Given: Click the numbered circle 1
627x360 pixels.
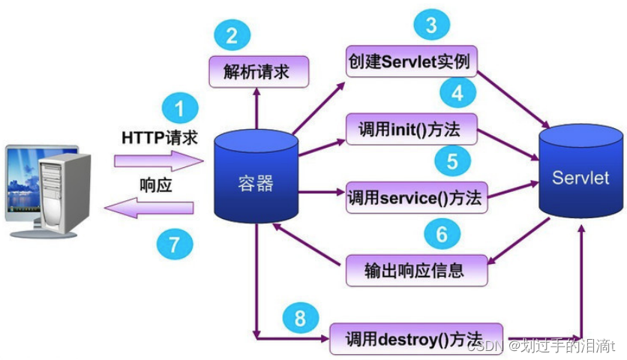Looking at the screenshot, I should click(x=178, y=109).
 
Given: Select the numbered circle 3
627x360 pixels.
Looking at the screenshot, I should click(x=430, y=25).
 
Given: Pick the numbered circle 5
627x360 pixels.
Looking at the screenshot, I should click(x=452, y=159).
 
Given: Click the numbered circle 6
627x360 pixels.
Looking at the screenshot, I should click(x=442, y=234).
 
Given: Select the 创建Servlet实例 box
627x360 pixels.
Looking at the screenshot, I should click(x=412, y=61).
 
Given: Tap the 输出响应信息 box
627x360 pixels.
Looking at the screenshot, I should click(x=416, y=269).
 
